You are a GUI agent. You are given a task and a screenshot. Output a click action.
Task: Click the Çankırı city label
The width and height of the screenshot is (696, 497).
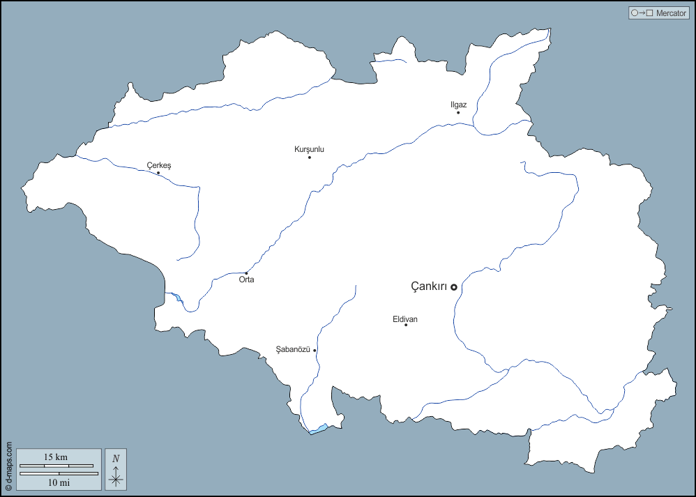(428, 286)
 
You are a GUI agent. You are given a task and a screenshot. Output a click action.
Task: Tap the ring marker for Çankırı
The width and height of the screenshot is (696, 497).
(453, 286)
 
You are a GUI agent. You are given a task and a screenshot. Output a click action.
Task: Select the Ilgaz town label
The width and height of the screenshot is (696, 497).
(458, 105)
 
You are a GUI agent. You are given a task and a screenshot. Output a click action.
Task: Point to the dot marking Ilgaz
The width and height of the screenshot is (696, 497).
(458, 112)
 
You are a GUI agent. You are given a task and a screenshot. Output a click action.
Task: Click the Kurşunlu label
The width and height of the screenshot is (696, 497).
(309, 149)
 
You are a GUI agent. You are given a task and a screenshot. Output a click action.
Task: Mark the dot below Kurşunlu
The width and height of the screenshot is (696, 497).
(310, 157)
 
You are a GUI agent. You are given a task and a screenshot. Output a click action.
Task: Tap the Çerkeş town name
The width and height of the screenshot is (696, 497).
(158, 165)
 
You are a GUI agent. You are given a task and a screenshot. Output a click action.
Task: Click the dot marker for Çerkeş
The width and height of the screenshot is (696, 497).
(158, 173)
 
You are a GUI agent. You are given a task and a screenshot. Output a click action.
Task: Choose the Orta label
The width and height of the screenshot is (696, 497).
(246, 280)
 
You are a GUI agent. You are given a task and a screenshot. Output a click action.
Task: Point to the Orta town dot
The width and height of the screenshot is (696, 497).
(246, 273)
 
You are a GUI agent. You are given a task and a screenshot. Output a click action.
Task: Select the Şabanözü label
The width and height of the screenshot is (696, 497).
(292, 349)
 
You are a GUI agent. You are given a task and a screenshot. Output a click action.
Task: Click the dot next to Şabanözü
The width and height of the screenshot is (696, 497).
(315, 350)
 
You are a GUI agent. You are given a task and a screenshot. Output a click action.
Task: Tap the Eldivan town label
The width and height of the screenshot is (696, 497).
(404, 319)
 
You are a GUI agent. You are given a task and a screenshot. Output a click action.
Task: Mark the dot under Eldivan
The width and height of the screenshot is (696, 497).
(406, 325)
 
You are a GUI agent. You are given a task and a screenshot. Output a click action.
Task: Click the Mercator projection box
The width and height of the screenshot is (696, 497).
(658, 13)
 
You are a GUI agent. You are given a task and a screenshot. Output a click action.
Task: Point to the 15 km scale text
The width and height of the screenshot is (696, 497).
(56, 457)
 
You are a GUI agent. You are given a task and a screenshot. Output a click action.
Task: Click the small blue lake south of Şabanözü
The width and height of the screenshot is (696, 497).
(319, 429)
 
